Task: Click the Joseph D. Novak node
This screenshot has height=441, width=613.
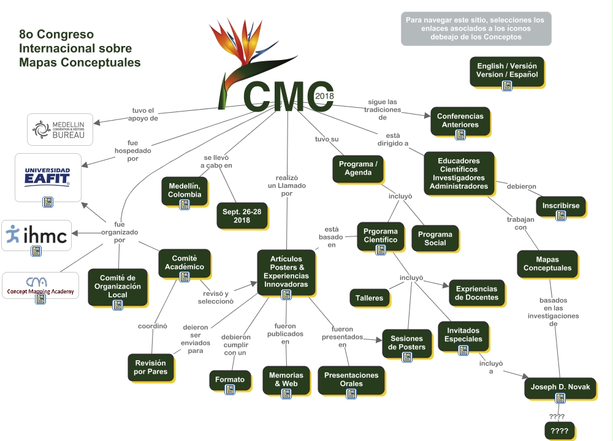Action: [560, 388]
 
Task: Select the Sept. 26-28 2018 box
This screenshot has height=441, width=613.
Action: [242, 216]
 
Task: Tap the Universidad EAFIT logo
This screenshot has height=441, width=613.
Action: [48, 177]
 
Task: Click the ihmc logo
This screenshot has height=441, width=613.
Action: [36, 235]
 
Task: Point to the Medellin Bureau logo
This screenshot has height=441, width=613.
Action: [60, 129]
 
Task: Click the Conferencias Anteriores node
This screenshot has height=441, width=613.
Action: [460, 120]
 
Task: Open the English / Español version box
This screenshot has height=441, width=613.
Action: [506, 70]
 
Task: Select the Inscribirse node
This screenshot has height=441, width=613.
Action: [560, 206]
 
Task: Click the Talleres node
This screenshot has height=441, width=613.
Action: [369, 298]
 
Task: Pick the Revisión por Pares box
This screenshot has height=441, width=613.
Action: [150, 367]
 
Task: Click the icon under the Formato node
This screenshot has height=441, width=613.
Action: [230, 390]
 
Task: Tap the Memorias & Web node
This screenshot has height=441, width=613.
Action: [286, 380]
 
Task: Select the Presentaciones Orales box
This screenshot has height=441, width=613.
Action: [351, 380]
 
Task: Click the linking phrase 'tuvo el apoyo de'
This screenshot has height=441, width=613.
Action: [145, 115]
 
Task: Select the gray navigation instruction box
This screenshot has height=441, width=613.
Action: [476, 28]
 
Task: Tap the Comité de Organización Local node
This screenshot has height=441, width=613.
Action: [117, 287]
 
